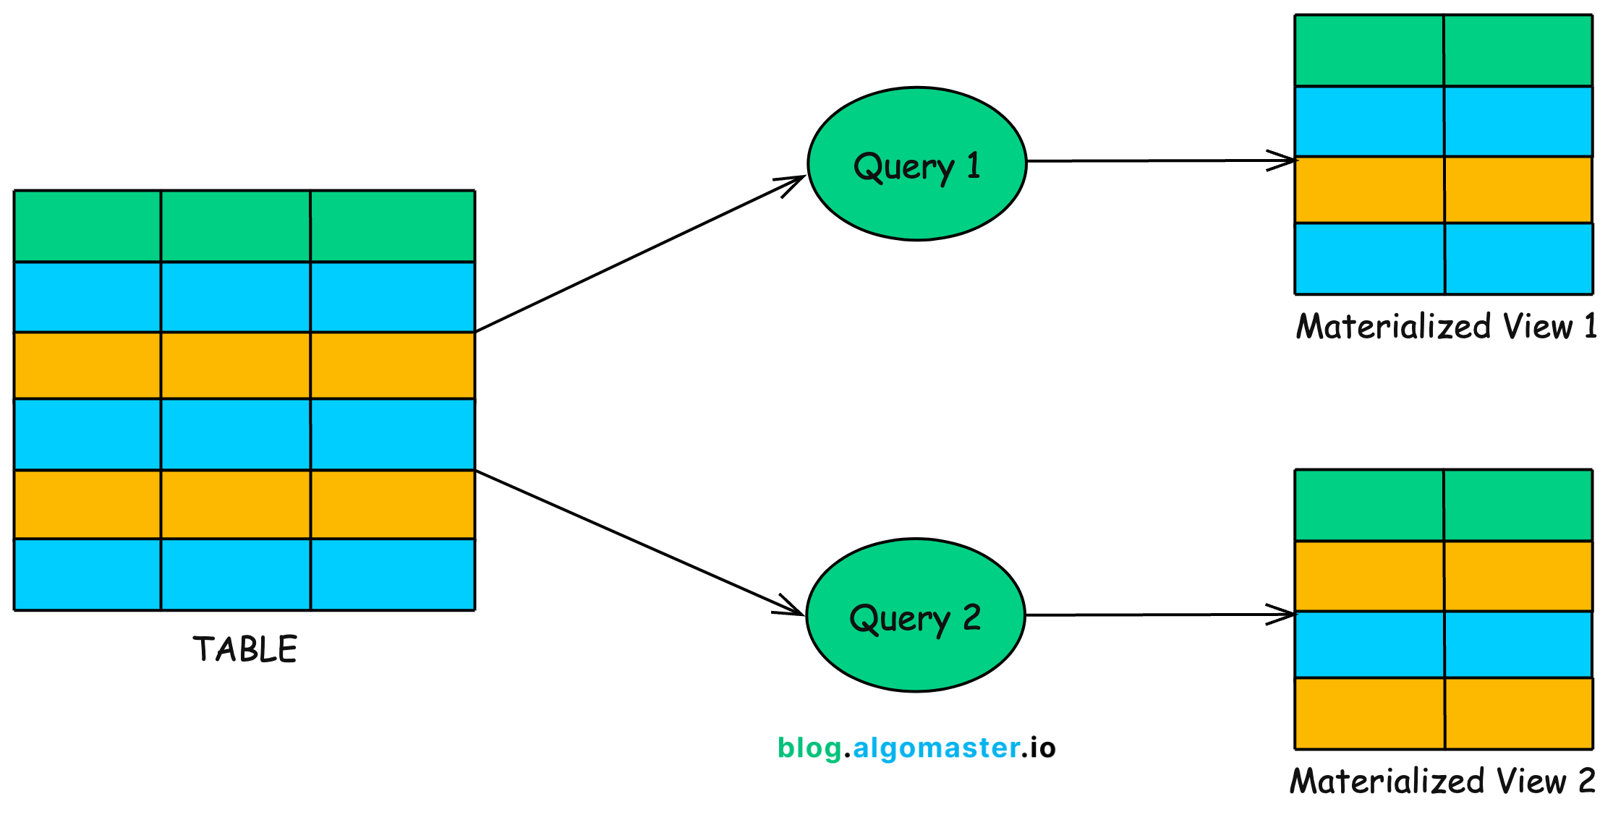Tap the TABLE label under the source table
[244, 649]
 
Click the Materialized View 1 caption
[1445, 326]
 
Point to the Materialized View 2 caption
[1442, 781]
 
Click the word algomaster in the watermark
[936, 748]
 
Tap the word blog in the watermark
[809, 748]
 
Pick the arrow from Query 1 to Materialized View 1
[1157, 161]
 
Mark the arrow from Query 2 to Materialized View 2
[1157, 615]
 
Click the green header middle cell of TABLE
[236, 226]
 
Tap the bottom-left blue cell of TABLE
[88, 574]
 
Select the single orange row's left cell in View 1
[1369, 189]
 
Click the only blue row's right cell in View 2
[1518, 644]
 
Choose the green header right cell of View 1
[1518, 51]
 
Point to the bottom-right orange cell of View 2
[1518, 713]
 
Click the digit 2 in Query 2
[971, 617]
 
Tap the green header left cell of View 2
[1369, 505]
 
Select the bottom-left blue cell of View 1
[1369, 258]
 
